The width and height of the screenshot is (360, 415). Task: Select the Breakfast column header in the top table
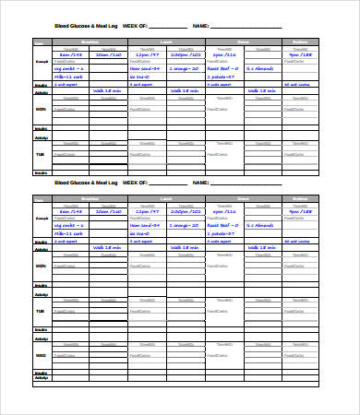(x=90, y=42)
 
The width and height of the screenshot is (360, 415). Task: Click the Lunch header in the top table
(x=166, y=42)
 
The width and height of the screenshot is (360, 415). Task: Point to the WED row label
(x=41, y=353)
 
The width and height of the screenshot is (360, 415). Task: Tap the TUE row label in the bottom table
(x=41, y=311)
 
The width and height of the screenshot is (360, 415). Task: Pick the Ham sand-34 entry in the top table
(x=146, y=68)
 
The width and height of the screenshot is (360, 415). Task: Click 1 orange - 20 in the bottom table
(x=185, y=224)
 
